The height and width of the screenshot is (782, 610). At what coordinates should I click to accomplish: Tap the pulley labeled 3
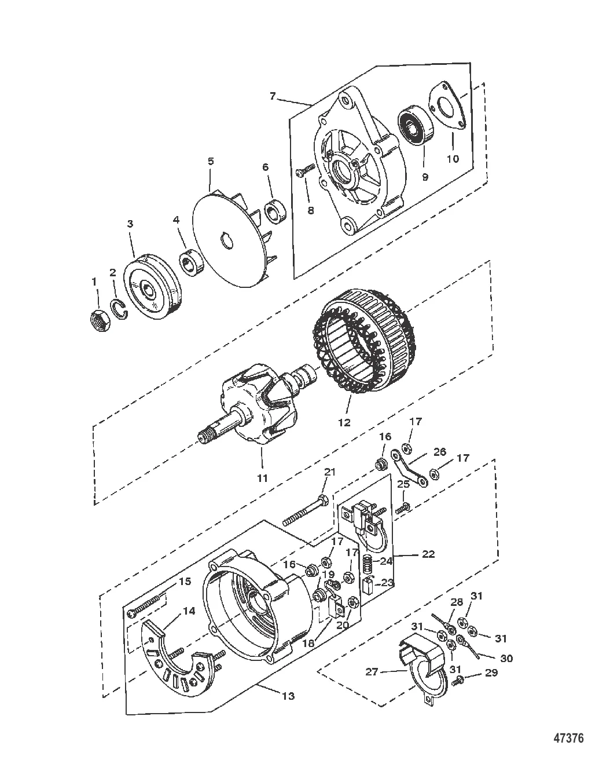coord(152,286)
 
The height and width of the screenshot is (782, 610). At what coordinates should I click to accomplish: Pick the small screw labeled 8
coord(304,170)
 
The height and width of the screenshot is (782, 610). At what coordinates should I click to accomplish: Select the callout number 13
coord(288,696)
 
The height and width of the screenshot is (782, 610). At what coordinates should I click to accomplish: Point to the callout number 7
coord(273,96)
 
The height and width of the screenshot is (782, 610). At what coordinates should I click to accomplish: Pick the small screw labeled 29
coord(460,680)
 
